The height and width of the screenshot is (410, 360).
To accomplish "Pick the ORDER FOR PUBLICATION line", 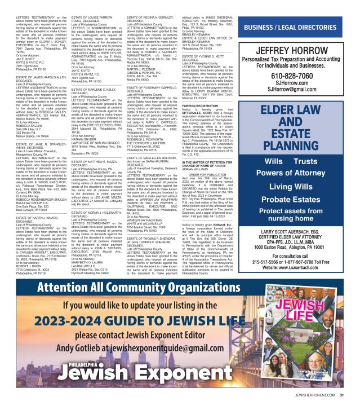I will [212, 175].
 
